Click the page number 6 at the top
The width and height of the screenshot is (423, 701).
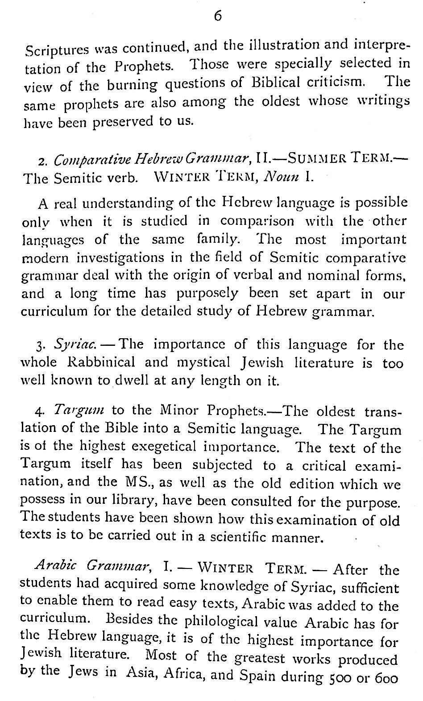[217, 16]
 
